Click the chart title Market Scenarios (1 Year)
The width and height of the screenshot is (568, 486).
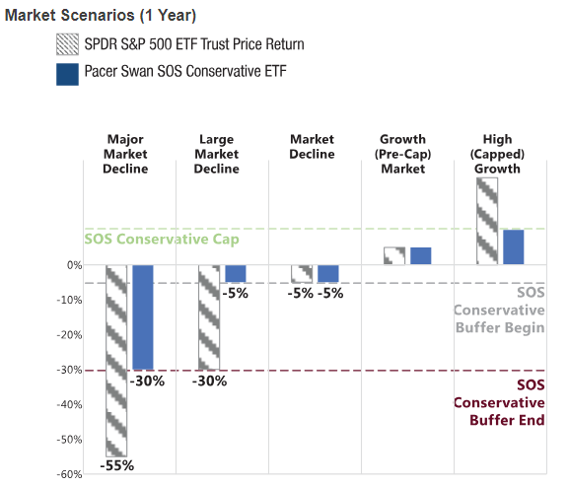101,15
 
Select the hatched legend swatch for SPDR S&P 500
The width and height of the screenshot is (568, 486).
67,44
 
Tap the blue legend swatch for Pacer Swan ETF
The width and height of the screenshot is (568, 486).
67,74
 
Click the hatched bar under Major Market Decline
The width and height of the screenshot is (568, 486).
116,361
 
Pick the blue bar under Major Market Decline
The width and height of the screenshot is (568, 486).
143,317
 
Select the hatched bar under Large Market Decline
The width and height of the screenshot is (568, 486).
209,317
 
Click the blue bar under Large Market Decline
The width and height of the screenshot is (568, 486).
236,274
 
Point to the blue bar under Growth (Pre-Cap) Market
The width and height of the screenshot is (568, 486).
420,255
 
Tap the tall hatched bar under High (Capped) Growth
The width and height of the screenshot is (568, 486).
487,221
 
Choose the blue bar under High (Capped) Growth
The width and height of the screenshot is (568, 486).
514,247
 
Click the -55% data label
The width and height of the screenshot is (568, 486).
116,465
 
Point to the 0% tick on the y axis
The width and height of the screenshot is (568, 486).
75,265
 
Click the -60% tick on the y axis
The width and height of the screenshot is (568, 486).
70,474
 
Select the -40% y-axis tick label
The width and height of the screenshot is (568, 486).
70,405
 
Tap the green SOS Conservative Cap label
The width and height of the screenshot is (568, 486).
162,240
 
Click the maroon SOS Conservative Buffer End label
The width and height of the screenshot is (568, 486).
499,403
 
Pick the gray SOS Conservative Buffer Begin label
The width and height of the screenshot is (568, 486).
499,310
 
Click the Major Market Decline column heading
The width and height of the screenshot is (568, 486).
125,154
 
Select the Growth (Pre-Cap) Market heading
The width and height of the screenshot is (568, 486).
402,154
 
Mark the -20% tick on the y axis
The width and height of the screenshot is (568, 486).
70,335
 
